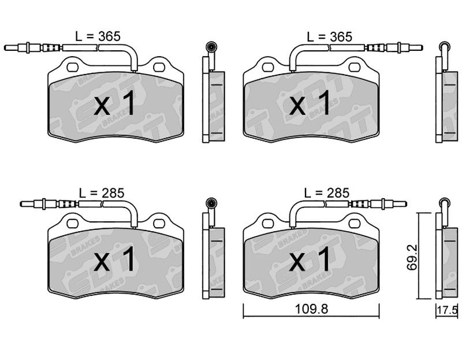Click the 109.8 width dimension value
[x=311, y=309]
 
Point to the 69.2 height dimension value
[x=412, y=257]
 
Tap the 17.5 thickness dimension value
[x=447, y=310]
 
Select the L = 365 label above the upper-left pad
[x=98, y=36]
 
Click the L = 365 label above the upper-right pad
[x=329, y=37]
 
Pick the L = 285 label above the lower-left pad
[x=102, y=193]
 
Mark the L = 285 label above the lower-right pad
[x=326, y=193]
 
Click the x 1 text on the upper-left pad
[x=114, y=103]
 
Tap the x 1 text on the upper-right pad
[x=310, y=103]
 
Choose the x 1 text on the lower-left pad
[x=114, y=259]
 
